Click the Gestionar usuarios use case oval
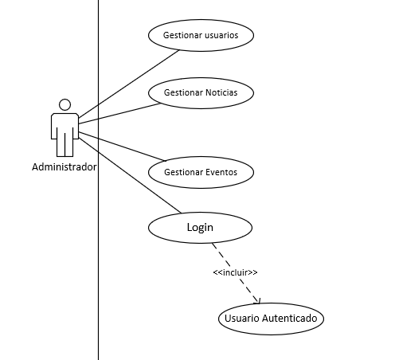click(x=201, y=36)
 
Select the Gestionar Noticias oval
click(x=201, y=92)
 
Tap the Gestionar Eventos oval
click(x=201, y=171)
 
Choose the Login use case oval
click(x=201, y=228)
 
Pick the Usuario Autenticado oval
click(x=271, y=319)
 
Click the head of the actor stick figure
click(x=65, y=104)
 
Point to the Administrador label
click(x=64, y=167)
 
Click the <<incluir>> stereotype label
click(x=235, y=272)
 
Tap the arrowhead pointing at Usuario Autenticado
click(x=256, y=300)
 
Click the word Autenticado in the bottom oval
click(x=290, y=319)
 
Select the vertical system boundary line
click(x=98, y=263)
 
